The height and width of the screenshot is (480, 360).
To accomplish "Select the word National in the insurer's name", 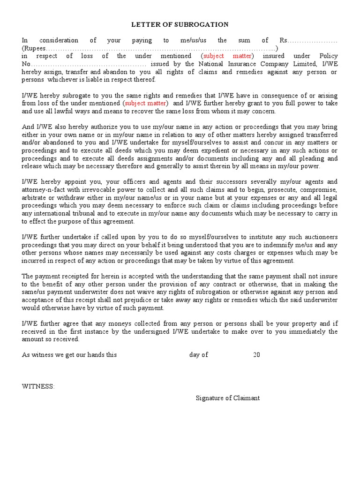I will [214, 64].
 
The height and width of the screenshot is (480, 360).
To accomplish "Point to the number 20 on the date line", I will [256, 355].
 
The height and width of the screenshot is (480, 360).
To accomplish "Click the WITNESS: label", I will [38, 386].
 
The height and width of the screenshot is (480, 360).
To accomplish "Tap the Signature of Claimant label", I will [228, 398].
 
